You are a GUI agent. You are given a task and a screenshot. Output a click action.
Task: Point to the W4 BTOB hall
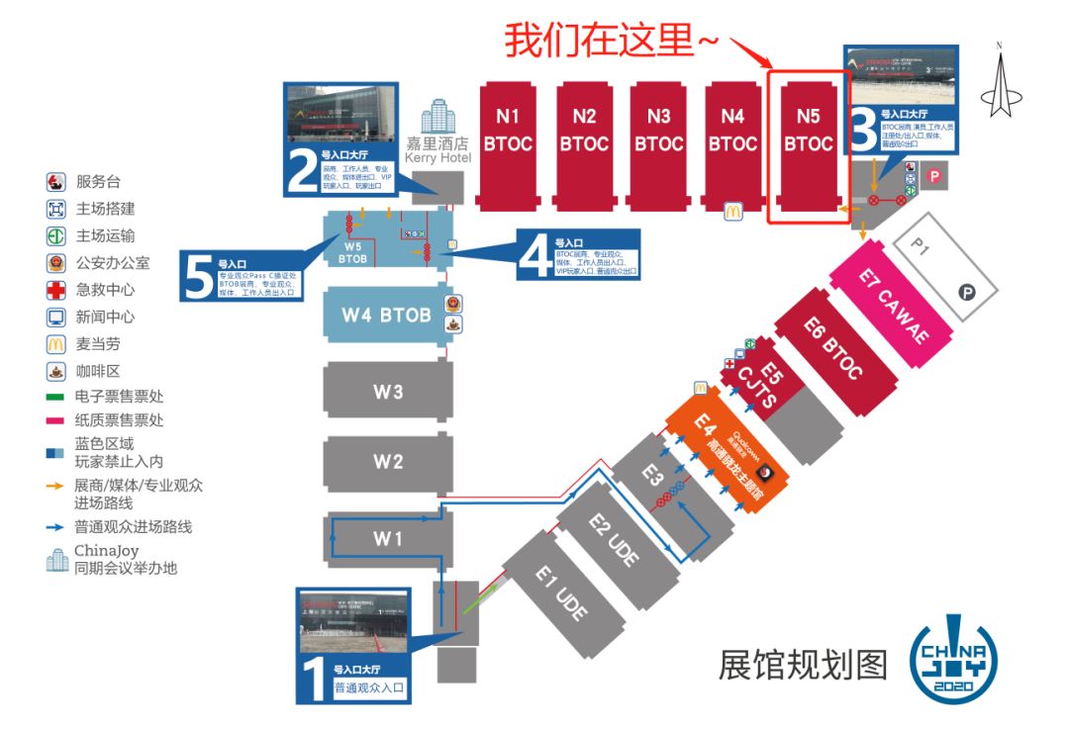[386, 316]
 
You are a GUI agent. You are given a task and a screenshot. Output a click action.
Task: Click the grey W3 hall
[388, 392]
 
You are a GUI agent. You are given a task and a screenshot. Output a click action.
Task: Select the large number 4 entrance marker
[534, 256]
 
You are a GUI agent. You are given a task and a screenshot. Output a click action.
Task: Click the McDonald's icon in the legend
[56, 344]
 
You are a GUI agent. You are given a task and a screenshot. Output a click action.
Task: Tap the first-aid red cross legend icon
[56, 291]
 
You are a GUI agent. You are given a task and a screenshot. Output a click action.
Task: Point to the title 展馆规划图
[804, 664]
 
